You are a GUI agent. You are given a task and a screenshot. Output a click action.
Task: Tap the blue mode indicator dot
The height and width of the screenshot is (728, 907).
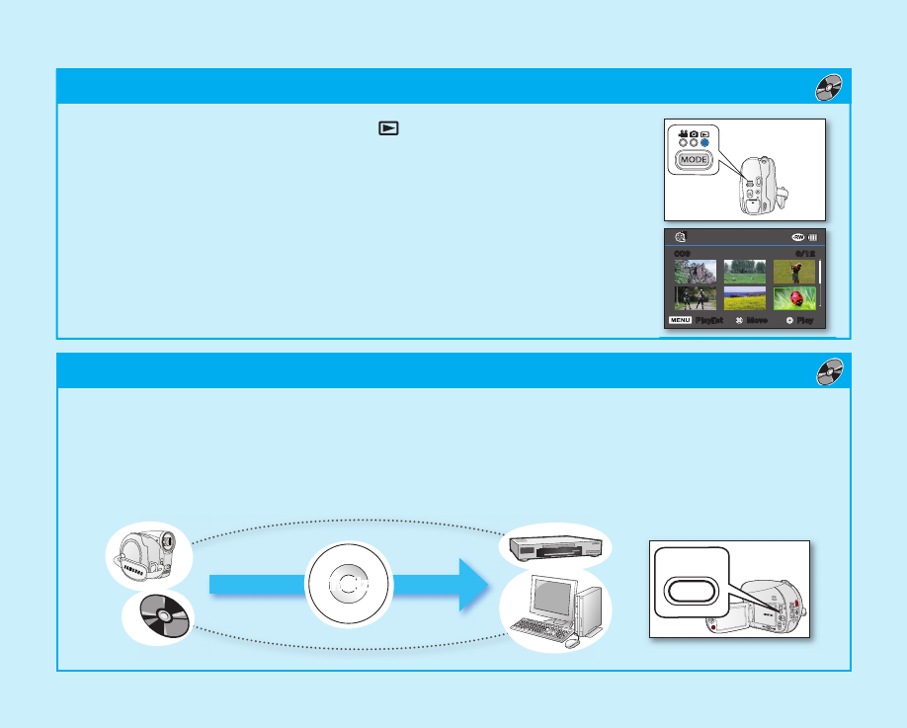705,141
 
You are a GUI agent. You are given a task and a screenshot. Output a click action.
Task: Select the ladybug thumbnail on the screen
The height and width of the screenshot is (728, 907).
794,298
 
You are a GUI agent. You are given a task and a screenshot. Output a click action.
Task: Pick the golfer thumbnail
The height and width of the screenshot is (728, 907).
794,271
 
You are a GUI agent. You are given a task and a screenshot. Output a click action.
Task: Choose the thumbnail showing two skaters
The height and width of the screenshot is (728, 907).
696,298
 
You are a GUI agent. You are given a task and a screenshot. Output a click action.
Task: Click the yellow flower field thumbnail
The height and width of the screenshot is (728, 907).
744,298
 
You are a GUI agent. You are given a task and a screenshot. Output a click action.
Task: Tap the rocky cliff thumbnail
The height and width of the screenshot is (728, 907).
696,271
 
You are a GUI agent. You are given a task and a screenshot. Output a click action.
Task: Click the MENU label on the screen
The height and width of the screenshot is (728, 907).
680,321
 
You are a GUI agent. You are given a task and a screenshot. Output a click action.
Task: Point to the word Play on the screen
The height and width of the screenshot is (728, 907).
806,321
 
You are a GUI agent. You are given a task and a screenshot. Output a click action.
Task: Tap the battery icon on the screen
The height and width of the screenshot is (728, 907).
814,237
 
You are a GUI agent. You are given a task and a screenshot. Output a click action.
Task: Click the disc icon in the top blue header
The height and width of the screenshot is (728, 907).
829,87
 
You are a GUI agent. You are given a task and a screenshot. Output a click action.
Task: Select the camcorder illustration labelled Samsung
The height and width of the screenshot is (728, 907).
148,557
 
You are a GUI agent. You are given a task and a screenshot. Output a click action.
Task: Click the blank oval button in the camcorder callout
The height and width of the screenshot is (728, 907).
689,590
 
